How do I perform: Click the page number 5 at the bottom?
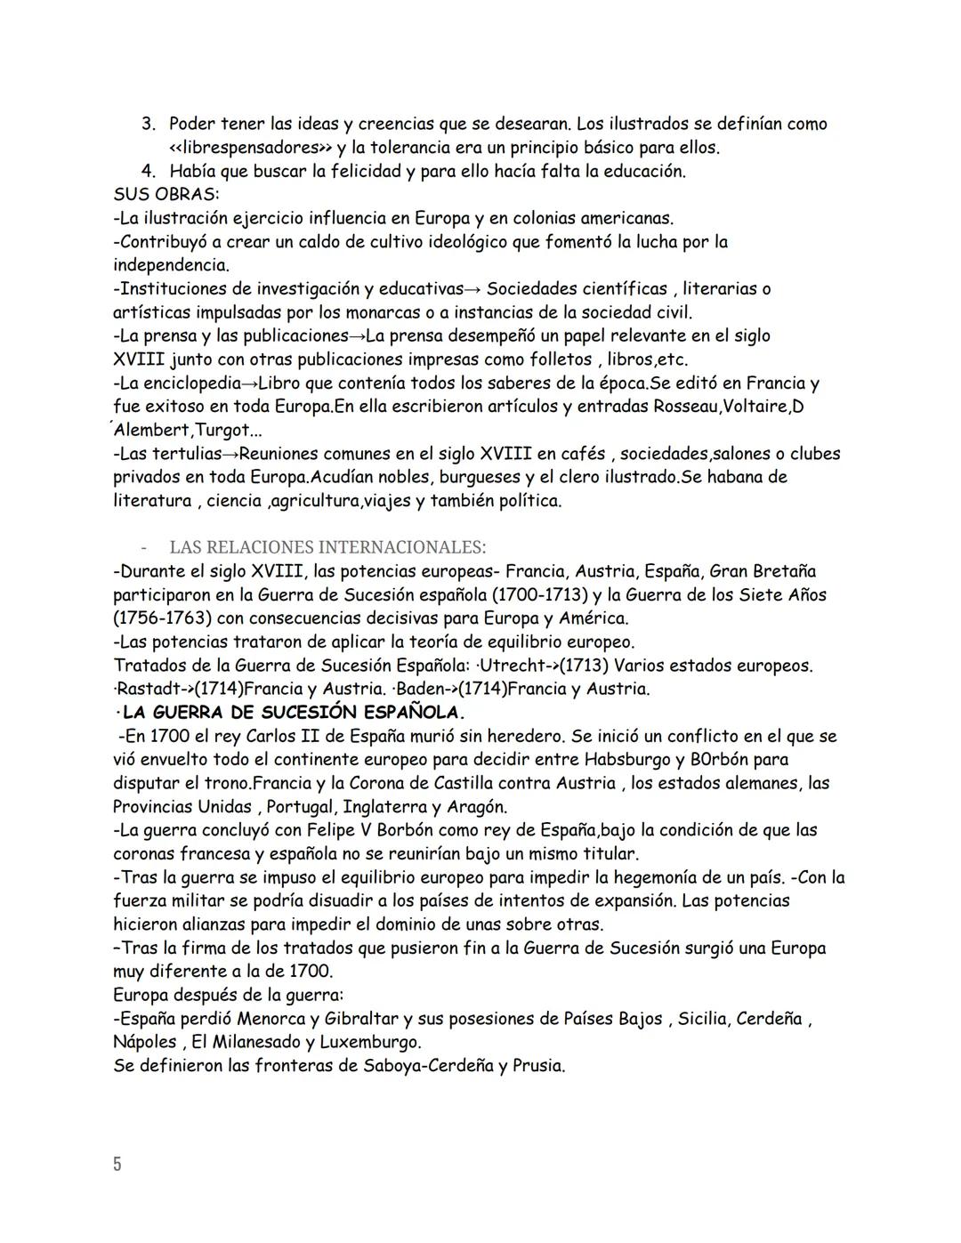[x=117, y=1164]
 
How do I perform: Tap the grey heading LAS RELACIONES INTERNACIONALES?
[x=327, y=546]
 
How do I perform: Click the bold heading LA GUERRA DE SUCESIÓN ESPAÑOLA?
[x=293, y=713]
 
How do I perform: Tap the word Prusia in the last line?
[x=537, y=1066]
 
